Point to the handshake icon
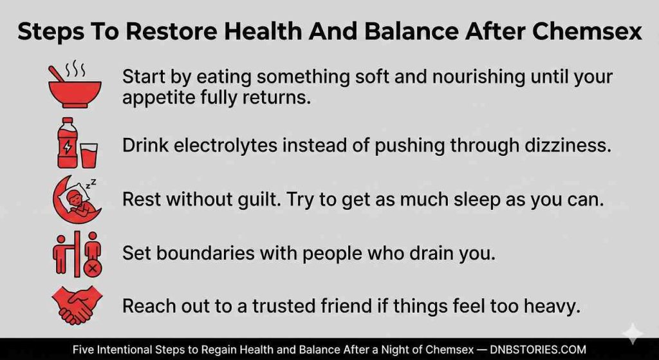(77, 305)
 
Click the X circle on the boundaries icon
(93, 267)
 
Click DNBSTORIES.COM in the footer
(538, 350)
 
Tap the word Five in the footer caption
(81, 350)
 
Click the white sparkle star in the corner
(632, 334)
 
